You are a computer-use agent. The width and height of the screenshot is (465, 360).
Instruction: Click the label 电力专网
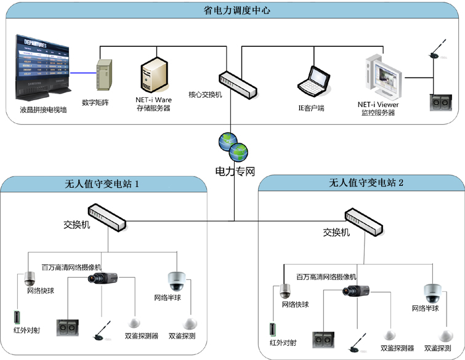click(234, 171)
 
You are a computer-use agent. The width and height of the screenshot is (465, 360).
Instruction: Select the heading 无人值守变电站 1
click(107, 183)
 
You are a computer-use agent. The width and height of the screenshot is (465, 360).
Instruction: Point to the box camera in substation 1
click(100, 278)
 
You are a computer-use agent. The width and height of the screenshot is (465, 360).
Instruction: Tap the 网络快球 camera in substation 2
click(284, 291)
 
